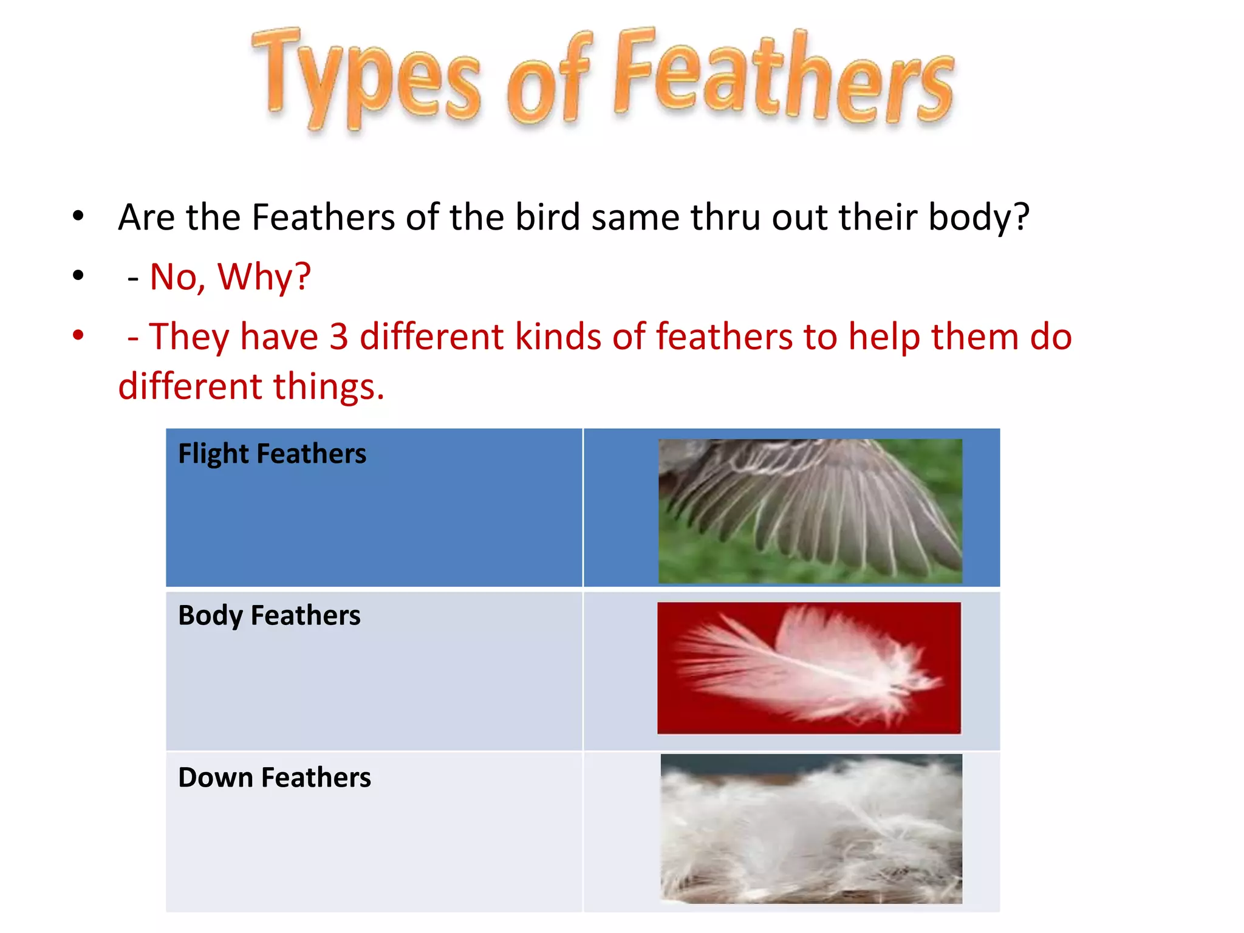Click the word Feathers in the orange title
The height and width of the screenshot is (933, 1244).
coord(784,76)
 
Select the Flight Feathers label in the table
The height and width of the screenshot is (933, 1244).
coord(272,454)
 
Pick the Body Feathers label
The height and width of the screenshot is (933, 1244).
coord(269,615)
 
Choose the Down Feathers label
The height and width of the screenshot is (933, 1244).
coord(274,777)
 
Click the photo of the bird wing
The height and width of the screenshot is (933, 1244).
coord(810,511)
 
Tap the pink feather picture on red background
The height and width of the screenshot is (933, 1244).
coord(809,668)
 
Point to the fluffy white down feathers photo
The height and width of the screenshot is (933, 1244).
coord(811,829)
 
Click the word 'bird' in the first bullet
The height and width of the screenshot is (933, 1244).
coord(547,217)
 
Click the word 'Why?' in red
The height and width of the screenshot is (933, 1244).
coord(264,277)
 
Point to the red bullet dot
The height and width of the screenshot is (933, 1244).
coord(78,335)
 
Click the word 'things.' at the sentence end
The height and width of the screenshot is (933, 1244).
coord(329,386)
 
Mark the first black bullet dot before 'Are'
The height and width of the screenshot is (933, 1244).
coord(78,216)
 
